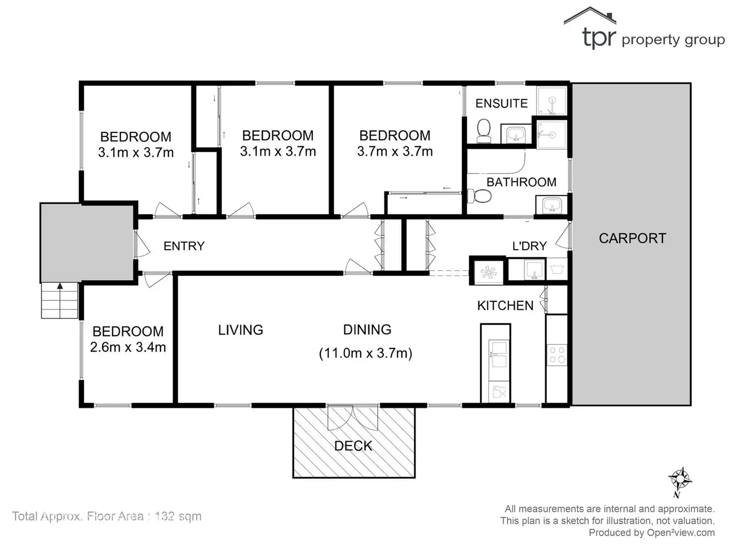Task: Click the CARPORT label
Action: click(x=632, y=238)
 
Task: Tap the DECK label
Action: click(x=353, y=446)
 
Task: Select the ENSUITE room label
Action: click(x=501, y=103)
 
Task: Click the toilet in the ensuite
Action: click(x=483, y=131)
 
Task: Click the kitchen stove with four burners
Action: click(x=557, y=355)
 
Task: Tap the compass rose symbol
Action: click(x=679, y=479)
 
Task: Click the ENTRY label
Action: click(x=184, y=246)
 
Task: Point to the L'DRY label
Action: click(x=529, y=246)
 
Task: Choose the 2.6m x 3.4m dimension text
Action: click(x=128, y=347)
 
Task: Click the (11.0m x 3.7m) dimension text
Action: click(x=365, y=353)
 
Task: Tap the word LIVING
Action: click(x=240, y=330)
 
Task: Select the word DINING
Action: click(x=367, y=330)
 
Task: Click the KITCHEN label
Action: click(x=505, y=305)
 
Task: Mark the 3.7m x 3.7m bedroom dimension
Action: click(x=395, y=151)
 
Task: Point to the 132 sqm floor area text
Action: click(x=178, y=516)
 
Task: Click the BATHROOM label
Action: click(x=521, y=182)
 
